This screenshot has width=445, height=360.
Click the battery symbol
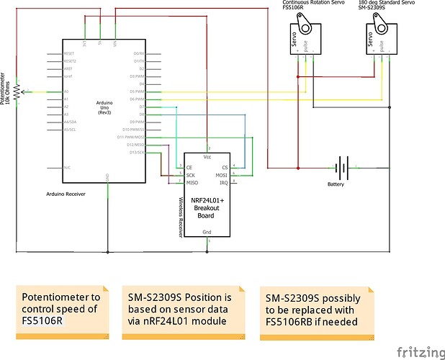tap(343, 170)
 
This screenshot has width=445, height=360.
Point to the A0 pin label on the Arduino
tap(66, 92)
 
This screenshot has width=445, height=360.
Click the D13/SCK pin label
tap(135, 152)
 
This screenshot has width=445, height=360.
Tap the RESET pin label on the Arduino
tap(69, 53)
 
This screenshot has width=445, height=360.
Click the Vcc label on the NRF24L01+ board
tap(207, 156)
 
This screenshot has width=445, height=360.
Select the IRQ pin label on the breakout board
tap(224, 183)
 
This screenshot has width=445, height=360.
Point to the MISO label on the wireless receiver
tap(192, 183)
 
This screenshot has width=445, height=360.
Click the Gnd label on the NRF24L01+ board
tap(207, 232)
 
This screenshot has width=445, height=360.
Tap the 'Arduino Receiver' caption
tap(67, 195)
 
